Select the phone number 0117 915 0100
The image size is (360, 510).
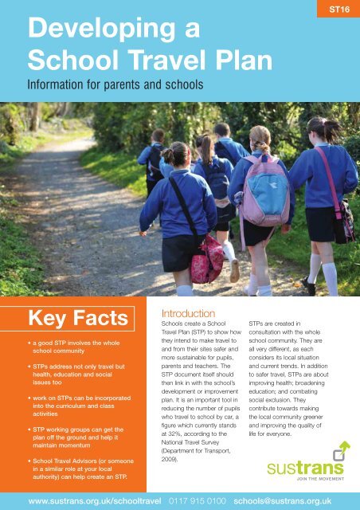[184, 500]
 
